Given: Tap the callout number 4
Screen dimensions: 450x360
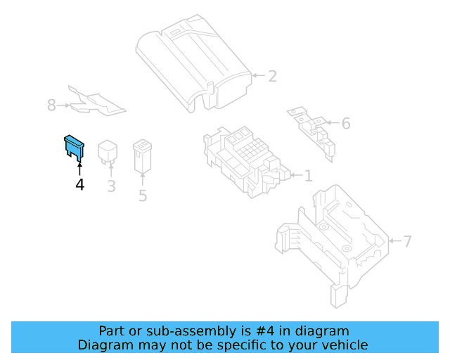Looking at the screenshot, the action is pos(79,184).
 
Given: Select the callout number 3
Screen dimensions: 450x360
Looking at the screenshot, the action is pos(111,186).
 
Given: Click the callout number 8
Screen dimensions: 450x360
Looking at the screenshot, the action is pos(51,105).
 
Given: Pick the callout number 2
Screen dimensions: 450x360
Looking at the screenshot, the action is pos(272,76).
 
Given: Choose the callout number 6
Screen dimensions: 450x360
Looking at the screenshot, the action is pos(345,124).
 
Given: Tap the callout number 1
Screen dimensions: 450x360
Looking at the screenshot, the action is pos(308,175).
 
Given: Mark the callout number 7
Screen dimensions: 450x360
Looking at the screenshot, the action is pos(408,242).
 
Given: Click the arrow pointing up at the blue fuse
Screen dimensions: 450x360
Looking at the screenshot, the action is pos(79,167).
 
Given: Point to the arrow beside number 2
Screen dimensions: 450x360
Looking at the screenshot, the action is pos(257,75).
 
